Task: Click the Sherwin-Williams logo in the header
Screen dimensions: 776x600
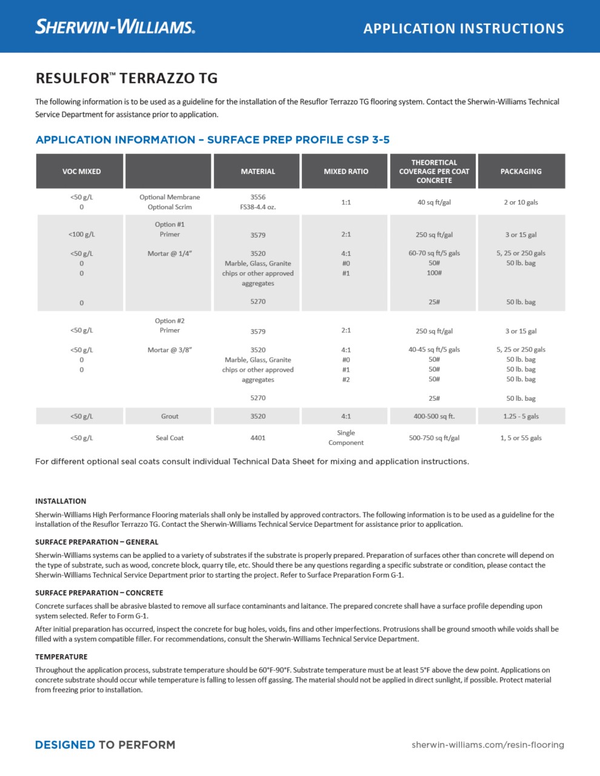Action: click(115, 26)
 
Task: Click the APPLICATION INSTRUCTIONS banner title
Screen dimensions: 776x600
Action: click(464, 28)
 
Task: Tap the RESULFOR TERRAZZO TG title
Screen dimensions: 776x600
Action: click(126, 78)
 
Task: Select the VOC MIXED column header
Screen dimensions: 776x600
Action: click(81, 172)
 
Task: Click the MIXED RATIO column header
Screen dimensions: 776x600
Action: click(345, 172)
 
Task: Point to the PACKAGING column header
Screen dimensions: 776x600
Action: click(521, 172)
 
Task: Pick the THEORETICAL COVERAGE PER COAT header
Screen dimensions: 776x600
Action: click(434, 172)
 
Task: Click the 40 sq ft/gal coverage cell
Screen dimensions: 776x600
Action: click(434, 202)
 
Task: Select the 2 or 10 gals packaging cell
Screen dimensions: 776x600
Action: click(521, 202)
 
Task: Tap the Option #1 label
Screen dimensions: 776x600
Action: click(170, 224)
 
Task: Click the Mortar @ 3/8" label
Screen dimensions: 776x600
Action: click(170, 350)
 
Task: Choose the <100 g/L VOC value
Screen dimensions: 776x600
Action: click(81, 235)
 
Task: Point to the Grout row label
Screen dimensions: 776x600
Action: click(170, 416)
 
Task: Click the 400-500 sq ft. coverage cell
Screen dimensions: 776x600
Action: click(434, 416)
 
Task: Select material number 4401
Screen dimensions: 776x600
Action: click(258, 438)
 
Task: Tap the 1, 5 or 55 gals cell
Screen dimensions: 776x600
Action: click(521, 438)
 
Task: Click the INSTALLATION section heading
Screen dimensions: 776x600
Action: click(61, 501)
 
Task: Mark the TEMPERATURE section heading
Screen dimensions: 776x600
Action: click(61, 657)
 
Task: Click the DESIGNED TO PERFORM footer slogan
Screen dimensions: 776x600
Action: click(105, 744)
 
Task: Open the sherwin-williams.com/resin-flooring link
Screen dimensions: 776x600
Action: click(487, 744)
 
